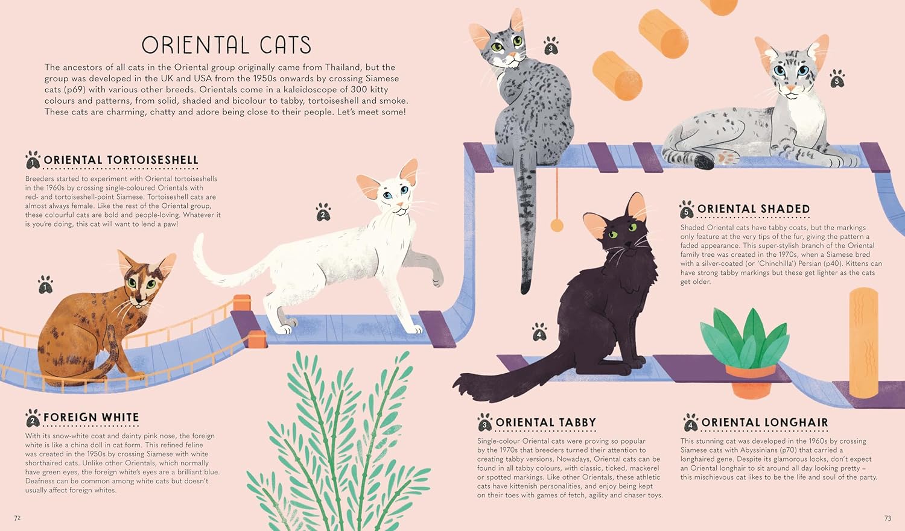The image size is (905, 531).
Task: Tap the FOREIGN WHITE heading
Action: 91,417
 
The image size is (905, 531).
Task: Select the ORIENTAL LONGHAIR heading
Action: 764,423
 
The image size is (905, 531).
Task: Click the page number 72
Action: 17,518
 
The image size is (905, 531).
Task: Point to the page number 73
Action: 888,518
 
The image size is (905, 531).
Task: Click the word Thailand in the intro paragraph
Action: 343,67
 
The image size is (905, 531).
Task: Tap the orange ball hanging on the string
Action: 557,225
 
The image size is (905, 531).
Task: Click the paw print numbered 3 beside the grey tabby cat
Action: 551,46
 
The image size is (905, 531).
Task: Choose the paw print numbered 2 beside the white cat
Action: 323,212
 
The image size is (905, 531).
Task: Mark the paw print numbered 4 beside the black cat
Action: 539,331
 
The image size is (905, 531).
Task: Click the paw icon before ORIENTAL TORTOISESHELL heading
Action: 33,160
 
